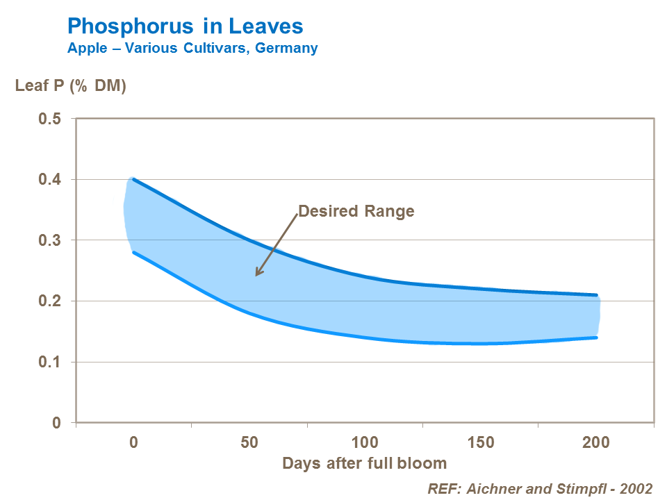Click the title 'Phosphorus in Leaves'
coord(185,26)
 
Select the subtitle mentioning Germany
coord(192,48)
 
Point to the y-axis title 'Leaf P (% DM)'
coord(71,87)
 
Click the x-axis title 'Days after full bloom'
coord(364,463)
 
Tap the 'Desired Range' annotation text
coord(356,211)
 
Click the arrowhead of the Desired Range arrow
coord(256,274)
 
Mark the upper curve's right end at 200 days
coord(596,295)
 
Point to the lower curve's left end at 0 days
coord(133,252)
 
